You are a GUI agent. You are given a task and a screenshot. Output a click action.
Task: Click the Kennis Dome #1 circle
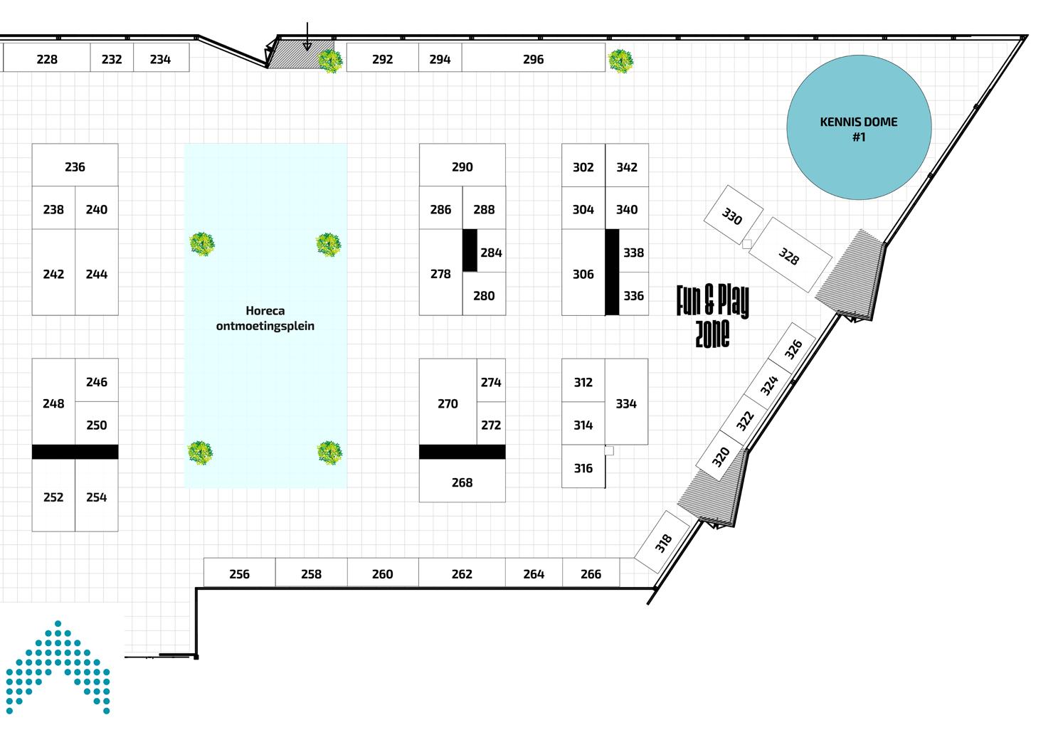859,128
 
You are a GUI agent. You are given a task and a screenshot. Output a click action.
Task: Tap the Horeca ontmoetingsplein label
265,318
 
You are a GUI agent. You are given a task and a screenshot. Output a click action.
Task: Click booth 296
533,59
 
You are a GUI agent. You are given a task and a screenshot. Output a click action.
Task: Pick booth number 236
75,166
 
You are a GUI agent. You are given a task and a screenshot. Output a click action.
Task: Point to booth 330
732,215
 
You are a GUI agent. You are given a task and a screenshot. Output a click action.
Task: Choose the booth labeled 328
789,255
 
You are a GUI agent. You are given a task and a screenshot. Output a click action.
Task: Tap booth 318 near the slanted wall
663,543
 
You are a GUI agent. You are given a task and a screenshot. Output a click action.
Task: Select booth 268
462,482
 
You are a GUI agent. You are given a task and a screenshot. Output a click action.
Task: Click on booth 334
626,403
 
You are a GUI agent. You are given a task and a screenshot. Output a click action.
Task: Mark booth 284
491,252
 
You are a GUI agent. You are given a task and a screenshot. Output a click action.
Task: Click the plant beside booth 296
621,61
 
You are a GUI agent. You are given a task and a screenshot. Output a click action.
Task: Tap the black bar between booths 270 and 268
462,452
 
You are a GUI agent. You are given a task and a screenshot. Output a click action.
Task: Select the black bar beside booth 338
612,272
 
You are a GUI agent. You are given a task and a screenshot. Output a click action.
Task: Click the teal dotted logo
58,669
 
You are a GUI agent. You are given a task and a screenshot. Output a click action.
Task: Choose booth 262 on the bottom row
462,573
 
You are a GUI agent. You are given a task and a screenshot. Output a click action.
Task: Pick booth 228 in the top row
47,59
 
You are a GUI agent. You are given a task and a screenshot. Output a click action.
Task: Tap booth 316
583,467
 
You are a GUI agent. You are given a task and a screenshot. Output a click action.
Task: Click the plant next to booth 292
329,61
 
